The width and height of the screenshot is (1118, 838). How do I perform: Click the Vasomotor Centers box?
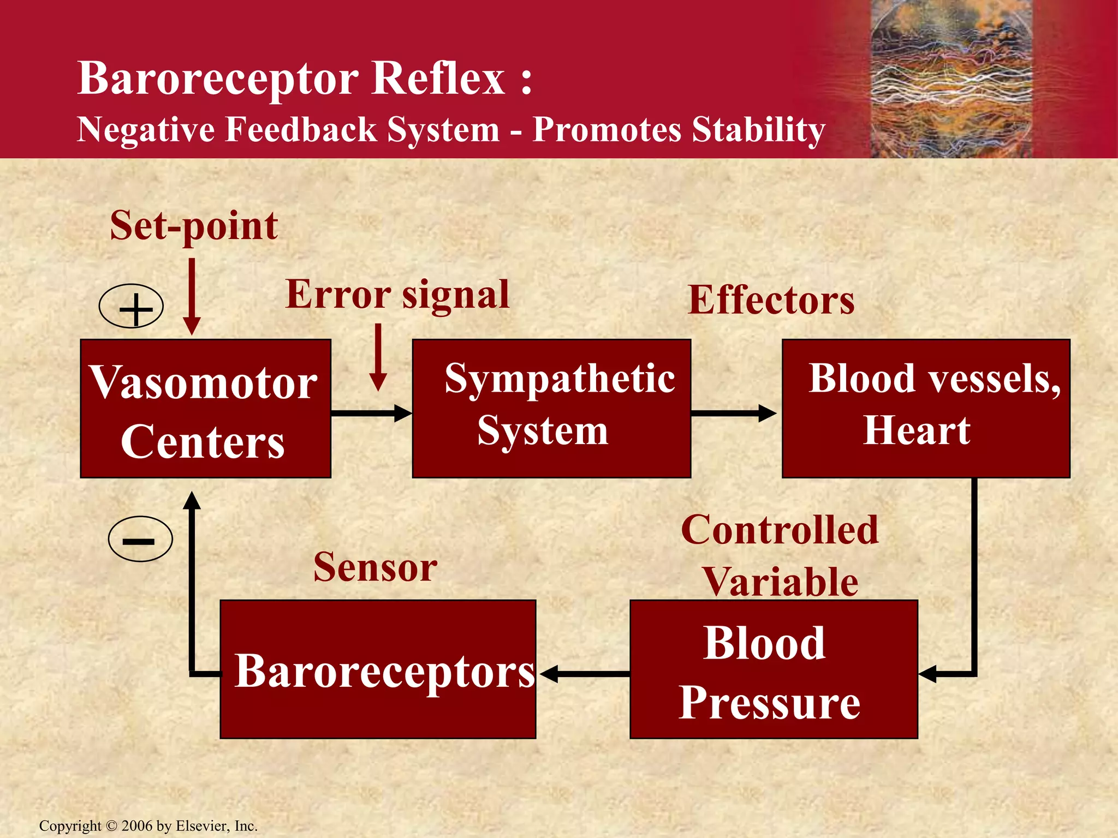click(x=205, y=409)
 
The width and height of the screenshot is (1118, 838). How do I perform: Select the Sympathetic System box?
click(x=551, y=409)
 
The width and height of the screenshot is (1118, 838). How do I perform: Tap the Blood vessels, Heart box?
click(x=926, y=409)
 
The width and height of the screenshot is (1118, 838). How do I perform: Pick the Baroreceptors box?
click(x=378, y=669)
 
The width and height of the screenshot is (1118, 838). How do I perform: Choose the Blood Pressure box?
click(x=774, y=669)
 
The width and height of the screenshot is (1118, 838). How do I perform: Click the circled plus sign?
click(x=132, y=306)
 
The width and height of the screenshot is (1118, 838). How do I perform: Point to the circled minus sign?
click(x=140, y=539)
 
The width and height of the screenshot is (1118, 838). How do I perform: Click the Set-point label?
click(x=194, y=225)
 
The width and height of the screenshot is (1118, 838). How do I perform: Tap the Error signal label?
click(x=397, y=295)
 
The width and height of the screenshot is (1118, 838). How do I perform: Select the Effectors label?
click(x=771, y=300)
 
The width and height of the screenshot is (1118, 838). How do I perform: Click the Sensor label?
click(x=375, y=567)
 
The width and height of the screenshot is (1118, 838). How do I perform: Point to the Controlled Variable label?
click(x=780, y=555)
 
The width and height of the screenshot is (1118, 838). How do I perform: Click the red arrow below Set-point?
click(x=192, y=297)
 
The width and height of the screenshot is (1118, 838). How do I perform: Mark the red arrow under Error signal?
click(x=378, y=357)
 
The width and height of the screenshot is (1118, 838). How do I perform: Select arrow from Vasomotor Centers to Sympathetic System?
click(x=371, y=413)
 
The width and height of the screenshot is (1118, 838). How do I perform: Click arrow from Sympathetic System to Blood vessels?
click(x=733, y=413)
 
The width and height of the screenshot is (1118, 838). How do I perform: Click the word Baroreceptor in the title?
click(x=218, y=78)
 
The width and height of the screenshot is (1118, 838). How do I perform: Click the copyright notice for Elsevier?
click(x=148, y=826)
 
